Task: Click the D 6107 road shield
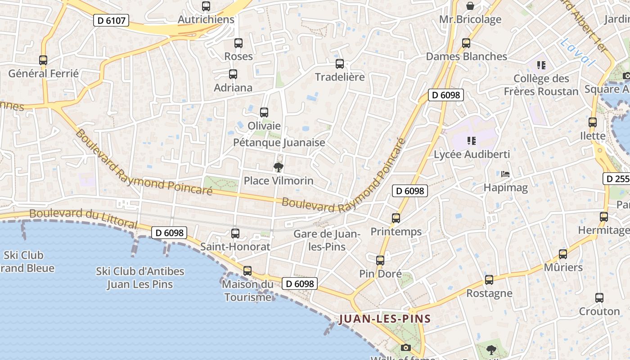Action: pyautogui.click(x=111, y=20)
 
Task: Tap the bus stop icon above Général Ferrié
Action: pyautogui.click(x=43, y=60)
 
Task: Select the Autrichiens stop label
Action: pyautogui.click(x=206, y=19)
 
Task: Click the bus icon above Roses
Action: pyautogui.click(x=238, y=43)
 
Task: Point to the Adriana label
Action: pyautogui.click(x=233, y=87)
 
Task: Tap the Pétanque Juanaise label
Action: pyautogui.click(x=279, y=143)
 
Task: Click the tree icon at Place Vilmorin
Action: pyautogui.click(x=279, y=167)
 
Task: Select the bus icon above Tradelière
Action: pyautogui.click(x=340, y=64)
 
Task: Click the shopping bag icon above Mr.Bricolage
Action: pyautogui.click(x=470, y=6)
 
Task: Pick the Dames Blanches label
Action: pyautogui.click(x=467, y=56)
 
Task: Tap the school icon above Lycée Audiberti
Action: pyautogui.click(x=472, y=141)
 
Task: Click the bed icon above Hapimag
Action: pyautogui.click(x=505, y=174)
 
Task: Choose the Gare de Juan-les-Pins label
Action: pyautogui.click(x=327, y=240)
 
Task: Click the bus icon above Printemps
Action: pyautogui.click(x=396, y=218)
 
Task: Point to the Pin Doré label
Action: pyautogui.click(x=380, y=274)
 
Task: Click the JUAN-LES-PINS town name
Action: pyautogui.click(x=385, y=319)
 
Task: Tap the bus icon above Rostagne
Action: pyautogui.click(x=489, y=280)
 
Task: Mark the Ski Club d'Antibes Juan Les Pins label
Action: pyautogui.click(x=140, y=278)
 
